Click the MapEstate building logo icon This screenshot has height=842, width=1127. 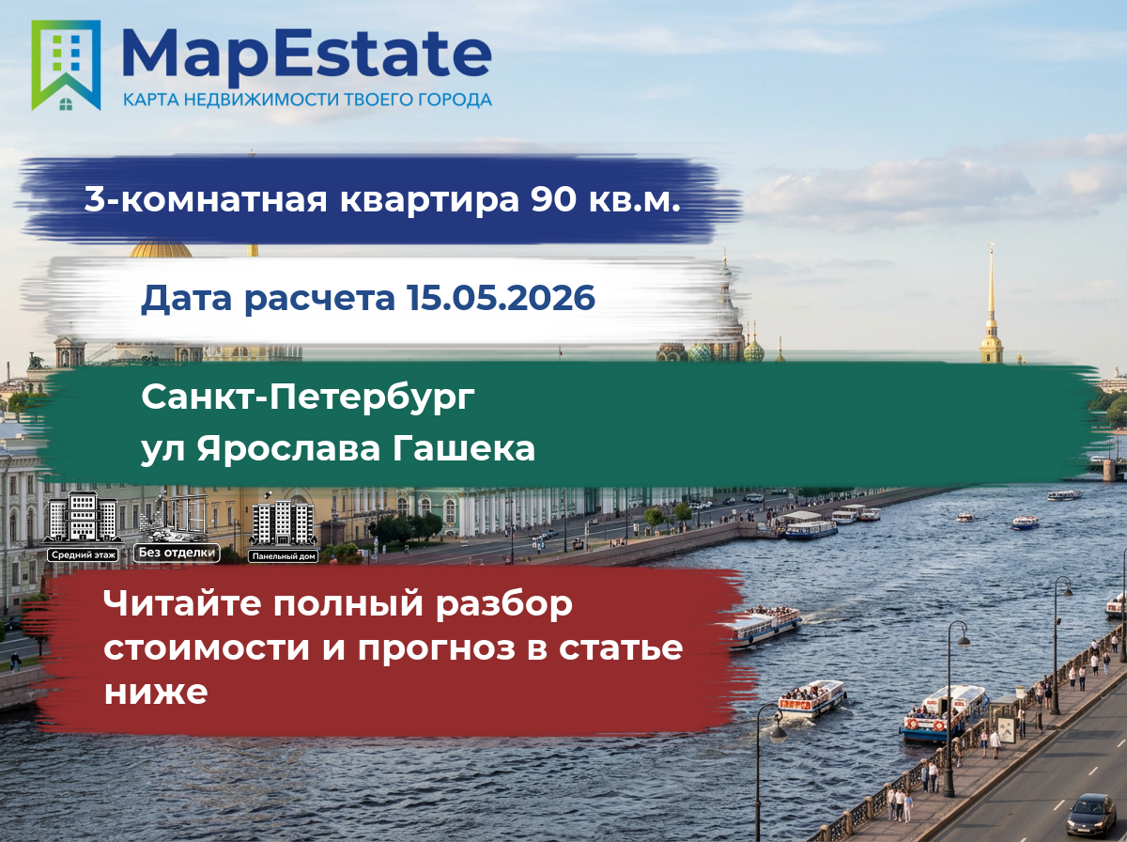66,65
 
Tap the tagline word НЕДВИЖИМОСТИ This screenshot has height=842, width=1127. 261,100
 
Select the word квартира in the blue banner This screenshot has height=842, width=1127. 429,200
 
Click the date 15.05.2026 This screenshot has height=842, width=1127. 501,297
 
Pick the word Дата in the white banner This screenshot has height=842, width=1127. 186,299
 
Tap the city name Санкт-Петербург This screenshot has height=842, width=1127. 308,398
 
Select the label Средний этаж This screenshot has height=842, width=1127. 84,555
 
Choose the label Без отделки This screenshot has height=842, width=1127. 177,553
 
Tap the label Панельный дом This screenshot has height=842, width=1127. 284,556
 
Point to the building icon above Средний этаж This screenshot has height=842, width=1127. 84,518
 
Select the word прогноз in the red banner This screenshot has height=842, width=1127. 437,648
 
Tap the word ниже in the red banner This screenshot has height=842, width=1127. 156,692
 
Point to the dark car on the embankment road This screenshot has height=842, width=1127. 1091,816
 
